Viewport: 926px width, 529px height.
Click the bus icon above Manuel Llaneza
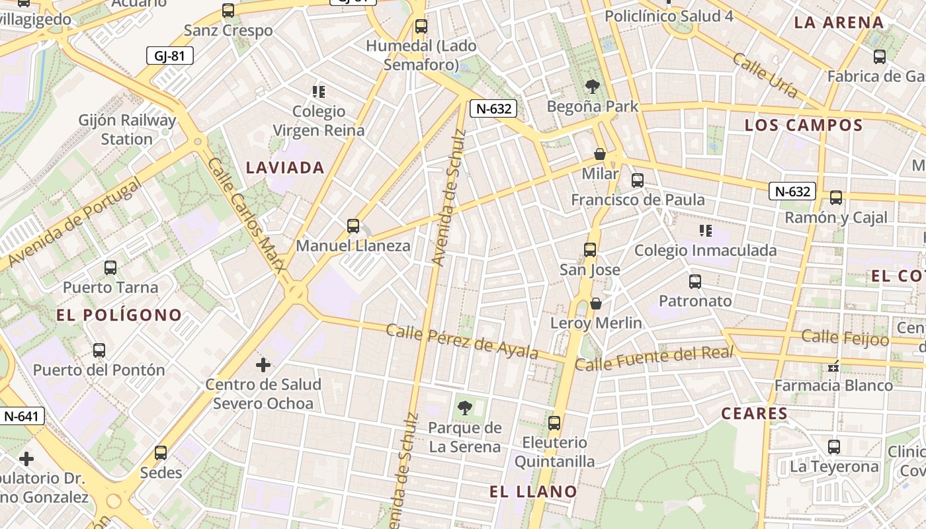(353, 226)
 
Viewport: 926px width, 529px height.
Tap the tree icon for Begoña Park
(593, 86)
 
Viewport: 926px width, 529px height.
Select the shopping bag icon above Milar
(600, 154)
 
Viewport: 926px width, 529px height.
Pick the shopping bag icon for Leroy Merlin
(596, 304)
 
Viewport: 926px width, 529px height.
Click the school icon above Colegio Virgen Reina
(319, 91)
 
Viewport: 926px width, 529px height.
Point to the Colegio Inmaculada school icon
(705, 231)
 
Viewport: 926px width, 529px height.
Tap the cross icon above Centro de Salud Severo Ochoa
(263, 364)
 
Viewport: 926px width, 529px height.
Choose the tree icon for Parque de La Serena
(465, 408)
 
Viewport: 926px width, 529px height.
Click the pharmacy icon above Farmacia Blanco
(833, 366)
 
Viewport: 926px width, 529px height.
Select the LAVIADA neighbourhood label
(285, 168)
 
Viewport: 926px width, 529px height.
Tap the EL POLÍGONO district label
(119, 315)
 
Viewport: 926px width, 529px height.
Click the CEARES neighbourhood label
(755, 414)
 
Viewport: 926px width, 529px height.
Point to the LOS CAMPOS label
(804, 125)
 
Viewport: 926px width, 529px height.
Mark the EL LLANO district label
(533, 491)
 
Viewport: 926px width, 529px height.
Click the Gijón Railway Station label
(127, 130)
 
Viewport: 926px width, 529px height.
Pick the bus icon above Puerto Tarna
(110, 268)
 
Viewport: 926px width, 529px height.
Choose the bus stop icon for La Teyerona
(834, 447)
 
